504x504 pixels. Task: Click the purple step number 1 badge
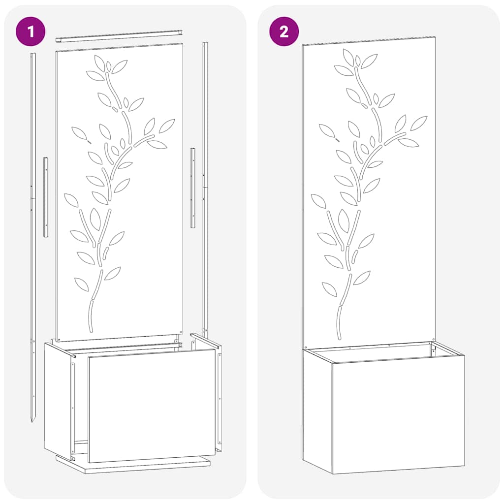[31, 31]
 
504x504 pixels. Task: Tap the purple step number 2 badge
[284, 31]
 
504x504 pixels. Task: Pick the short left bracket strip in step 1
[46, 197]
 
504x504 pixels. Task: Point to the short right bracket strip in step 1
[193, 187]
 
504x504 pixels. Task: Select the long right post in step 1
[205, 187]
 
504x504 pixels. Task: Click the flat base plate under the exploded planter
[133, 465]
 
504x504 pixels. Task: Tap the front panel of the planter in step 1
[152, 406]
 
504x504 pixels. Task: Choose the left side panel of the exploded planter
[58, 399]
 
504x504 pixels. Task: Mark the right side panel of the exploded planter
[219, 394]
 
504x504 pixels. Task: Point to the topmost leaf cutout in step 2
[348, 57]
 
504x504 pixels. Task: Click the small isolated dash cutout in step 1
[90, 141]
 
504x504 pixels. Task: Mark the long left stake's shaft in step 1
[33, 246]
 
